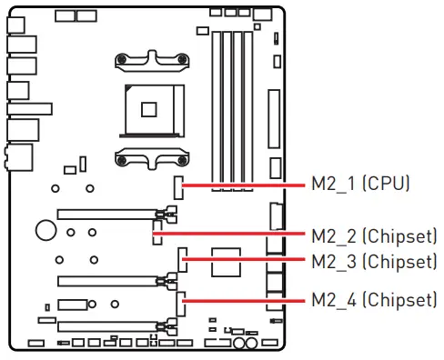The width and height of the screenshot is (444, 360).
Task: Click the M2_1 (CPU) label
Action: pyautogui.click(x=361, y=184)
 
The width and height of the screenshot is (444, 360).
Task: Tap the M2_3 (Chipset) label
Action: pyautogui.click(x=374, y=262)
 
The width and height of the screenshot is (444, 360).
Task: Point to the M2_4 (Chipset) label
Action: pyautogui.click(x=374, y=299)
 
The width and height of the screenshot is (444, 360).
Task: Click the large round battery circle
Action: pyautogui.click(x=45, y=228)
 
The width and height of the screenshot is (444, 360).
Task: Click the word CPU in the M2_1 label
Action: pyautogui.click(x=387, y=184)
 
